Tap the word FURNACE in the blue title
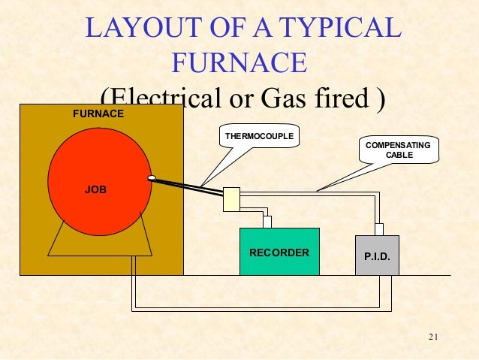[x=239, y=63]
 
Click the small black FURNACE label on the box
[x=98, y=114]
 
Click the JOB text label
[x=95, y=190]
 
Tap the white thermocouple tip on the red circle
[x=152, y=179]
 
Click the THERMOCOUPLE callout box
[x=260, y=136]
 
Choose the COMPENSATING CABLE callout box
[x=399, y=150]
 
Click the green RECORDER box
[x=279, y=252]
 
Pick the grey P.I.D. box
[x=377, y=256]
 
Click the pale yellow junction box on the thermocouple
[x=231, y=199]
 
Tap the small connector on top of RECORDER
[x=267, y=222]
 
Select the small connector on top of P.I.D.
[x=379, y=229]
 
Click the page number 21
[x=432, y=335]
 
